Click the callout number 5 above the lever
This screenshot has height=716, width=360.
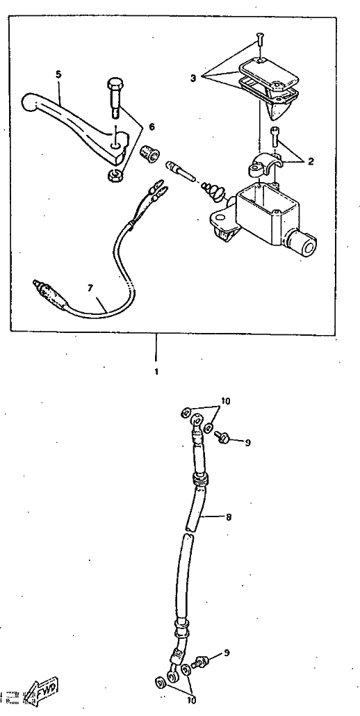(x=58, y=74)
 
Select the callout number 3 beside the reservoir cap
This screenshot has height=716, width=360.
(x=193, y=78)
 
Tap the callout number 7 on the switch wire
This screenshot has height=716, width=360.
(x=90, y=288)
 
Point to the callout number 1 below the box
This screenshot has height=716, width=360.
(x=156, y=372)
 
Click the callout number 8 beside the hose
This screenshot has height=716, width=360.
(x=229, y=517)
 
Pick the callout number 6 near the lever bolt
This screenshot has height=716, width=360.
(x=152, y=127)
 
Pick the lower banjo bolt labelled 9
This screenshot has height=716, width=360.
(x=201, y=661)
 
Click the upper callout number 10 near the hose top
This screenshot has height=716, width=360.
(x=225, y=401)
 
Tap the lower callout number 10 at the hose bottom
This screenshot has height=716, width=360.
(x=190, y=699)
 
